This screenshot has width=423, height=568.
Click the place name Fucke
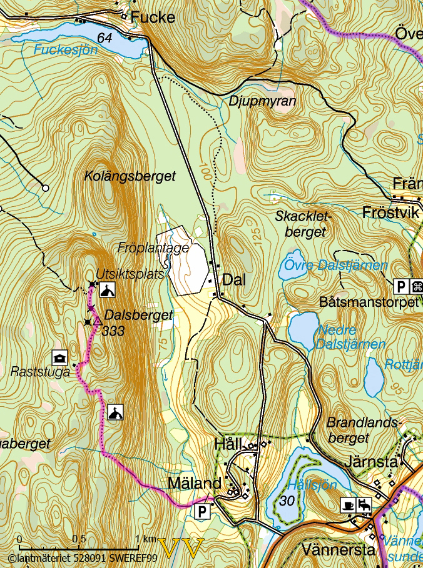point(153,17)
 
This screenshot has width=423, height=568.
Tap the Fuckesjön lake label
point(66,50)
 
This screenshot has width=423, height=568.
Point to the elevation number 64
point(104,39)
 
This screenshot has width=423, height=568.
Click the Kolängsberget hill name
point(130,177)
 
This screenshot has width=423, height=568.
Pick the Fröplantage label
point(153,248)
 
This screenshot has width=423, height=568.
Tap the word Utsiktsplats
point(130,274)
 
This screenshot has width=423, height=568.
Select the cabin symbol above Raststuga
point(59,357)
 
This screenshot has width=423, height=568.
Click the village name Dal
point(234,281)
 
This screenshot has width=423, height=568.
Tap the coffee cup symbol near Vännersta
point(348,504)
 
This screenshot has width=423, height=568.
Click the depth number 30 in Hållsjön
point(288,501)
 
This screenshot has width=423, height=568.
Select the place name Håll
point(228,445)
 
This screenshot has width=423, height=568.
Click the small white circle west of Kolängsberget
point(45,187)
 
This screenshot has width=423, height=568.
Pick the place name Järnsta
point(370,463)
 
